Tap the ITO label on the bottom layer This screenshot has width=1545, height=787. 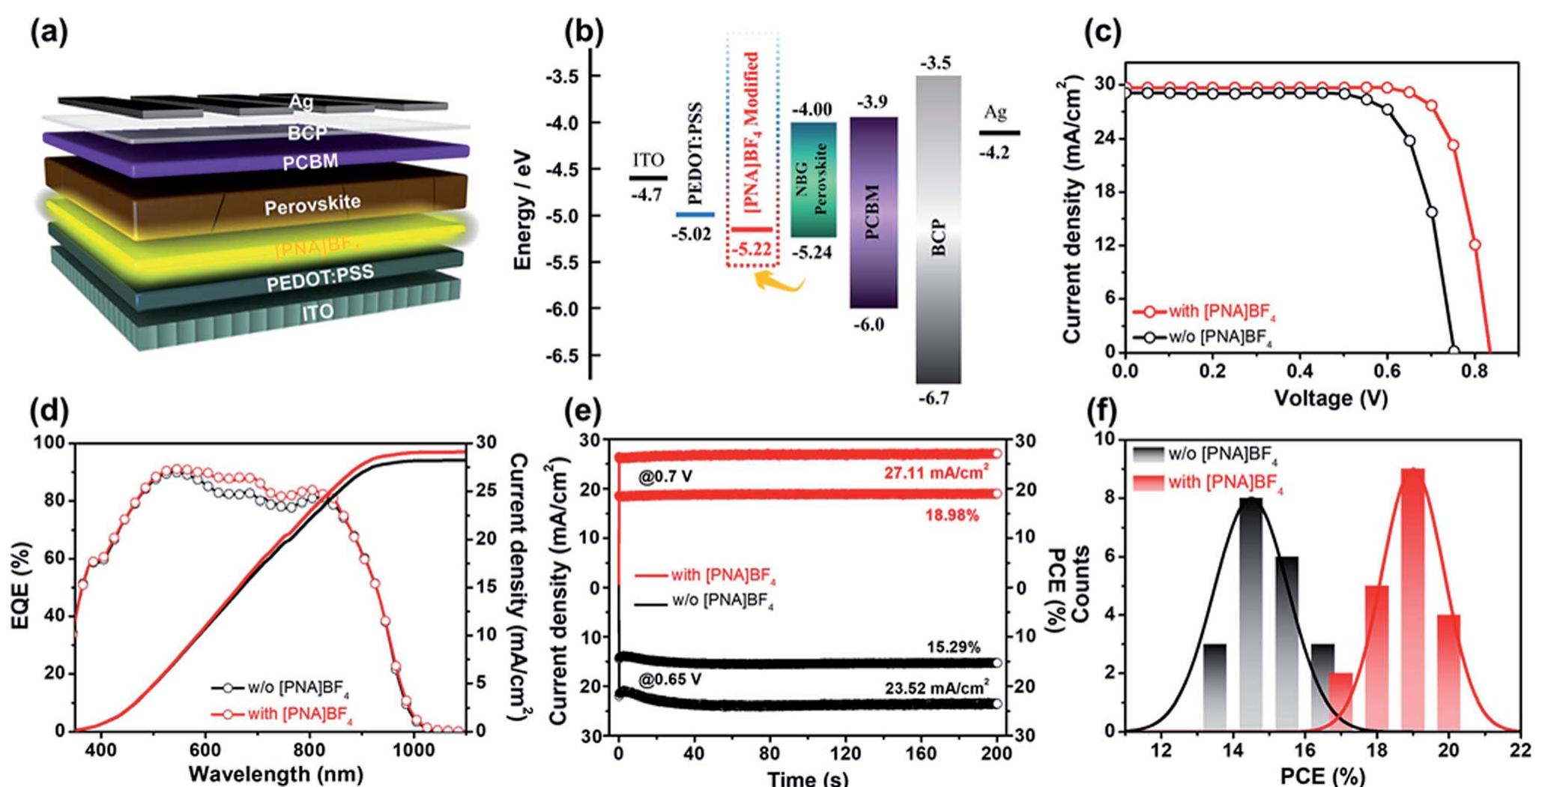[318, 312]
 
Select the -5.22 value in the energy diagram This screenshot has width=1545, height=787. [752, 249]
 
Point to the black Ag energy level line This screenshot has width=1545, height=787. [999, 133]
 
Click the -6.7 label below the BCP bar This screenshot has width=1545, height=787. [933, 398]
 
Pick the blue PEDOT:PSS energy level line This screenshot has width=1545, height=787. [695, 215]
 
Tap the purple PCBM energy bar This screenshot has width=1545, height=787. [873, 212]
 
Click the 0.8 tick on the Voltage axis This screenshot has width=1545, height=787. [1474, 371]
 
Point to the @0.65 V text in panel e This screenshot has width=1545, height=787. [670, 680]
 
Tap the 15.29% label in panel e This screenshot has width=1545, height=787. [953, 647]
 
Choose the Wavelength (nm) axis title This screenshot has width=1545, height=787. [276, 773]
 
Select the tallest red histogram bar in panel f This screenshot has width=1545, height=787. [1412, 600]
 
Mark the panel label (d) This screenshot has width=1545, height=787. [49, 412]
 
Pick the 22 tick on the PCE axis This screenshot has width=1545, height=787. [1520, 750]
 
